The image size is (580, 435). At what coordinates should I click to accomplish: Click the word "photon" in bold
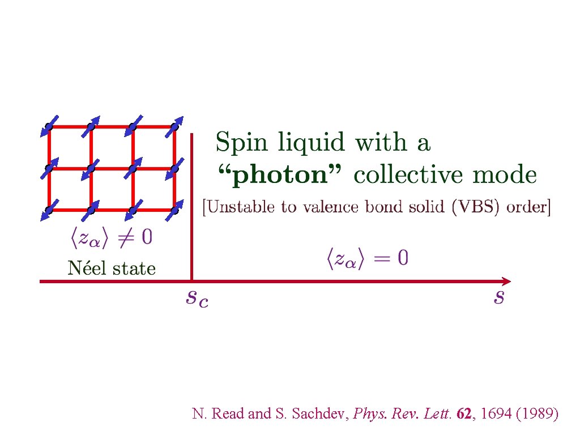click(280, 176)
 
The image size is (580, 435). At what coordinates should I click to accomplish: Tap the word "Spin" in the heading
click(240, 142)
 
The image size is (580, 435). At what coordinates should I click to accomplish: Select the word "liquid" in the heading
click(309, 142)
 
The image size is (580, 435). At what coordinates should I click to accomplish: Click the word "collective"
click(411, 176)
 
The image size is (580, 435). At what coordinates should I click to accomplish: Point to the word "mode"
click(506, 176)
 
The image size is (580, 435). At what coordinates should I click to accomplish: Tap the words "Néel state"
click(112, 268)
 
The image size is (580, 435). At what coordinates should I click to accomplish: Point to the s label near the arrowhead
click(498, 297)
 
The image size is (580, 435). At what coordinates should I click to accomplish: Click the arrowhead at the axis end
click(506, 281)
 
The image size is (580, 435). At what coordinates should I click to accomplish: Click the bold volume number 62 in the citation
click(463, 414)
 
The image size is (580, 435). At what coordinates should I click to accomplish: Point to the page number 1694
click(494, 414)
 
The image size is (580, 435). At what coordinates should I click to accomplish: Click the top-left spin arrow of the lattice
click(49, 126)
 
